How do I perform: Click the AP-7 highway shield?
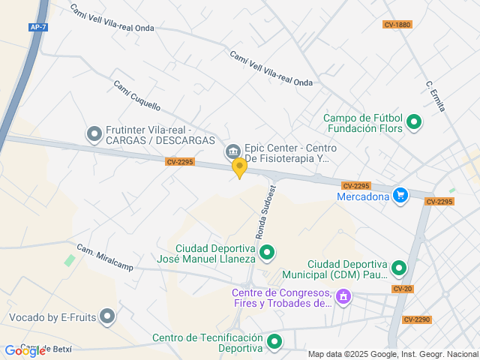[x=38, y=27]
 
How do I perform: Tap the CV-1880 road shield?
[x=397, y=25]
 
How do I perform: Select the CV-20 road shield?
[x=402, y=289]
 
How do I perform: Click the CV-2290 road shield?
[x=417, y=319]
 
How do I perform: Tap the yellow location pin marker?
[x=239, y=168]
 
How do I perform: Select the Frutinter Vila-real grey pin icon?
[x=94, y=134]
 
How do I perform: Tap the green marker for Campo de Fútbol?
[x=414, y=121]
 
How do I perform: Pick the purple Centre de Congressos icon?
[x=343, y=297]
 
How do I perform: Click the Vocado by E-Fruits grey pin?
[x=107, y=317]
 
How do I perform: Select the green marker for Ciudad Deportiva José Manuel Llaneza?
[x=267, y=253]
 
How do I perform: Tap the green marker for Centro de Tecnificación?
[x=274, y=343]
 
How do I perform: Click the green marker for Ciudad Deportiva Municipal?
[x=399, y=268]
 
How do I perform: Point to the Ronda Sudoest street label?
[x=266, y=212]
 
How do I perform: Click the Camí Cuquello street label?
[x=136, y=95]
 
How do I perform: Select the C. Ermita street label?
[x=435, y=97]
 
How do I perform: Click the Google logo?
[x=25, y=350]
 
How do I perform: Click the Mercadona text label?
[x=363, y=197]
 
